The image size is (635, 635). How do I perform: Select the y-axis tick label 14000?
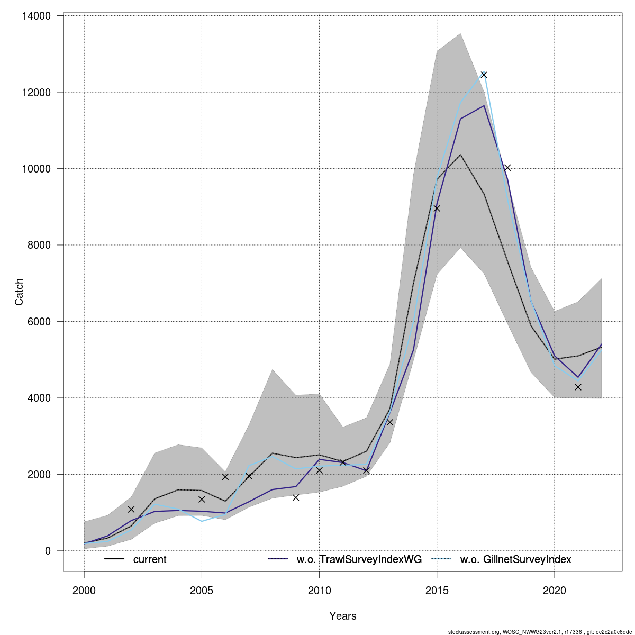pyautogui.click(x=37, y=16)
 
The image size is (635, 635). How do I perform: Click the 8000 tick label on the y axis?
pyautogui.click(x=39, y=245)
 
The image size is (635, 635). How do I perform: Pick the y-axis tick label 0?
pyautogui.click(x=48, y=551)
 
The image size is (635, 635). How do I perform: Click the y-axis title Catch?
pyautogui.click(x=19, y=292)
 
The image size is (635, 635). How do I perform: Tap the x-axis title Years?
pyautogui.click(x=343, y=616)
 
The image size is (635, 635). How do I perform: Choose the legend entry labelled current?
pyautogui.click(x=150, y=559)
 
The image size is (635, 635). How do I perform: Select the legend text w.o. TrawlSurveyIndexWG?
pyautogui.click(x=359, y=559)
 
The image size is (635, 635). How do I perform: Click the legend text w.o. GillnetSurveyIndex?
pyautogui.click(x=516, y=559)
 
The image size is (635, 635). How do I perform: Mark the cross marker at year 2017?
pyautogui.click(x=484, y=75)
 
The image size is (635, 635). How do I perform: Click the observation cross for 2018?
pyautogui.click(x=507, y=168)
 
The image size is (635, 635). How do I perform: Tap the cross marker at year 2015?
pyautogui.click(x=437, y=208)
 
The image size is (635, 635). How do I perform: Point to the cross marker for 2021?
pyautogui.click(x=578, y=387)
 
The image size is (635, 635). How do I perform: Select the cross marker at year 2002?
pyautogui.click(x=131, y=509)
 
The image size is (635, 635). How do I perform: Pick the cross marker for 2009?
pyautogui.click(x=296, y=497)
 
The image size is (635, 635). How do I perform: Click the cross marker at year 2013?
pyautogui.click(x=390, y=422)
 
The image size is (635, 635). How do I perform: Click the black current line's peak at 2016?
pyautogui.click(x=460, y=155)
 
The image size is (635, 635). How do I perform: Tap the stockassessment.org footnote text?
pyautogui.click(x=540, y=631)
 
